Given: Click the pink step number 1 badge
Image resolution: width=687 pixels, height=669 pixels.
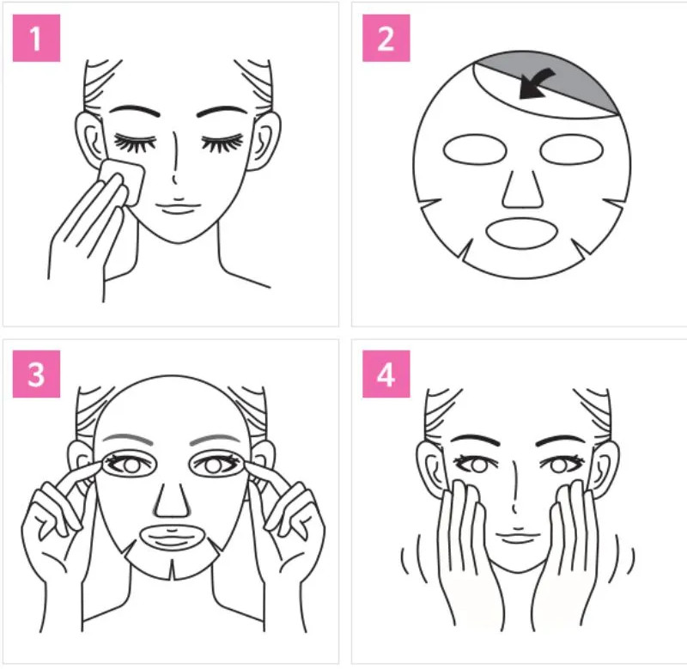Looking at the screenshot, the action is pos(36,38).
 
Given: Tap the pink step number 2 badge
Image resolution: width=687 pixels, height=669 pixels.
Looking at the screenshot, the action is pos(386,38).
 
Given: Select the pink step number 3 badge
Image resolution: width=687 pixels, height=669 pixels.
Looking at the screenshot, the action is pos(36,374).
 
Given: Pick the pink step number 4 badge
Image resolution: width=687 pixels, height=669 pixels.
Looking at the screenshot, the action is pos(386,374).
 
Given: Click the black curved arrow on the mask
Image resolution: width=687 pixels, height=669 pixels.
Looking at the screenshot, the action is pos(537,83).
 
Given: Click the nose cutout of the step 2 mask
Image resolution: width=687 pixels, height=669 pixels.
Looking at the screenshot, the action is pos(523,188).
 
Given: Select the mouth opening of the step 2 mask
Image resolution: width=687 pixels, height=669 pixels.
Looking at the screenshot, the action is pos(521,233).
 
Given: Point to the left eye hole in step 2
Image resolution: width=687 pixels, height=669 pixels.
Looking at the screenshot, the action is pos(475,149).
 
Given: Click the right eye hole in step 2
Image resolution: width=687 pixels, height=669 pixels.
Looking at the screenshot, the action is pos(571,149).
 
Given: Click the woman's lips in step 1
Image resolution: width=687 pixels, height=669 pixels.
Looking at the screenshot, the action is pos(178,207).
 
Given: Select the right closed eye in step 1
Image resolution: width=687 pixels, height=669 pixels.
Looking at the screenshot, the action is pos(222,143).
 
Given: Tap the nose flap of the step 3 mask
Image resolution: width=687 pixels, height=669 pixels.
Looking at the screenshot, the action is pos(172,501).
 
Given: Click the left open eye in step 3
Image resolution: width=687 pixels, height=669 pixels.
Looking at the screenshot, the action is pos(130,465).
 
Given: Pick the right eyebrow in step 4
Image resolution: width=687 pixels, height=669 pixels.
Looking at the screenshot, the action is pos(561,440).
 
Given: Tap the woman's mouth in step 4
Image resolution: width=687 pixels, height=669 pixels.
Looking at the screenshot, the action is pos(517,536).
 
